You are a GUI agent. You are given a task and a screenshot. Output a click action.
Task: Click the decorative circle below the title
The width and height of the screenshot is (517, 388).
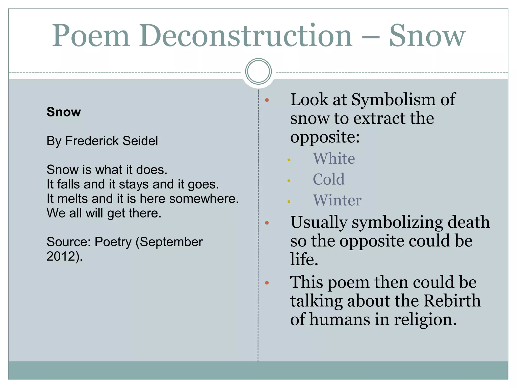pos(258,71)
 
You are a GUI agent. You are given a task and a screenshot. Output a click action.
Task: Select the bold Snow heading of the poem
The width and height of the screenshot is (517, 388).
pos(64,112)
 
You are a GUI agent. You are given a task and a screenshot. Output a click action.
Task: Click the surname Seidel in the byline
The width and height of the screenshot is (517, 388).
pos(137,141)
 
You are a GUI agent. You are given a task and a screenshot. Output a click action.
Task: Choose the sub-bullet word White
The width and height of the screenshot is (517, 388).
pos(334,159)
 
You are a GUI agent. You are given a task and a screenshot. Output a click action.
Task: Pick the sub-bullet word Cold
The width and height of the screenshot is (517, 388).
pos(328,179)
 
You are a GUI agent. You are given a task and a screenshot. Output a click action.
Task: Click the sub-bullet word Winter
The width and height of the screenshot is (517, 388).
pos(337,200)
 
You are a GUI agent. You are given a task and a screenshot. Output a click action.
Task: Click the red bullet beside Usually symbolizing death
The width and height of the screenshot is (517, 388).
pos(267,223)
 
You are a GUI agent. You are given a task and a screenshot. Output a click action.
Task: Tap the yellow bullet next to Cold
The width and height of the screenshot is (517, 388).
pos(289,181)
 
